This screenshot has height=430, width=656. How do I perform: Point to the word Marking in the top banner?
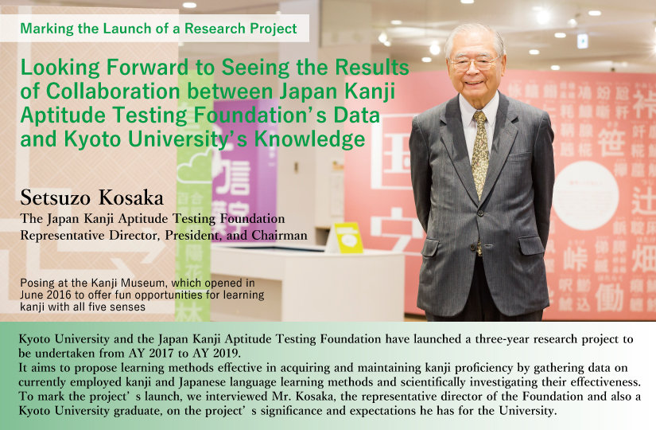point(47,29)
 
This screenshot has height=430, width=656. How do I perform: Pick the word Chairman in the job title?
point(279,235)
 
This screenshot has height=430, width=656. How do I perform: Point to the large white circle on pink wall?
point(585,195)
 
